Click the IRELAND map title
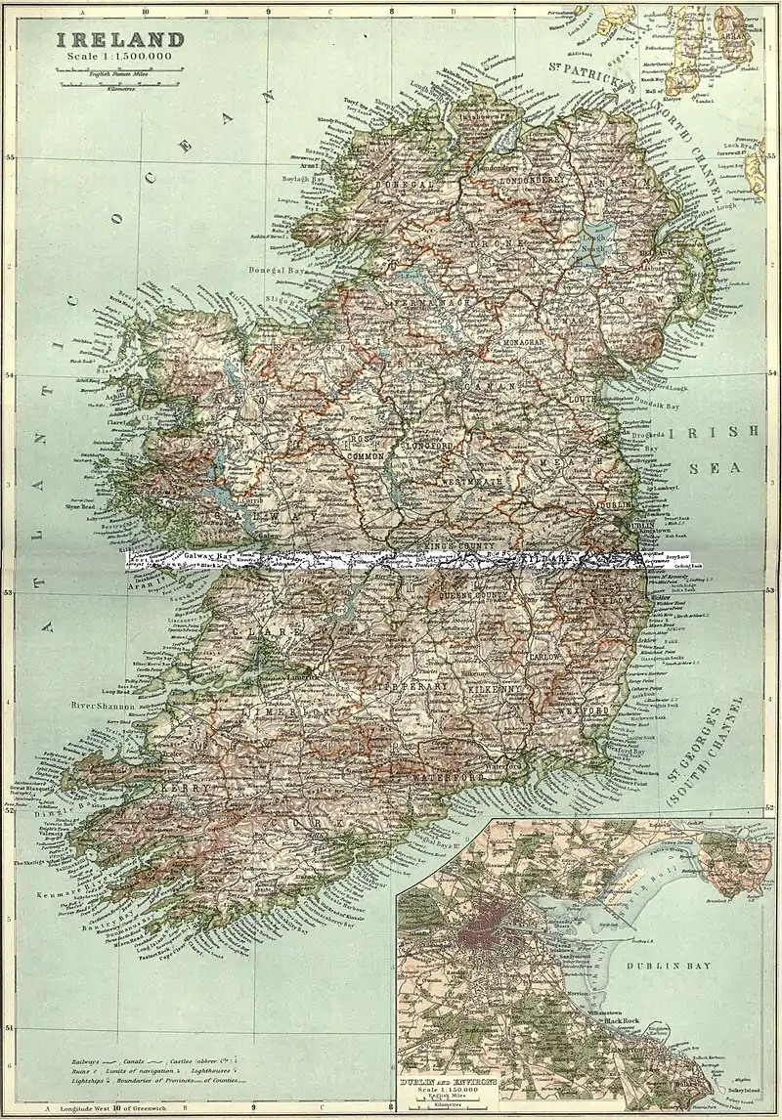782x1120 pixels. pyautogui.click(x=119, y=40)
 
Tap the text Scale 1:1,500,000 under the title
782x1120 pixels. pyautogui.click(x=119, y=59)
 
